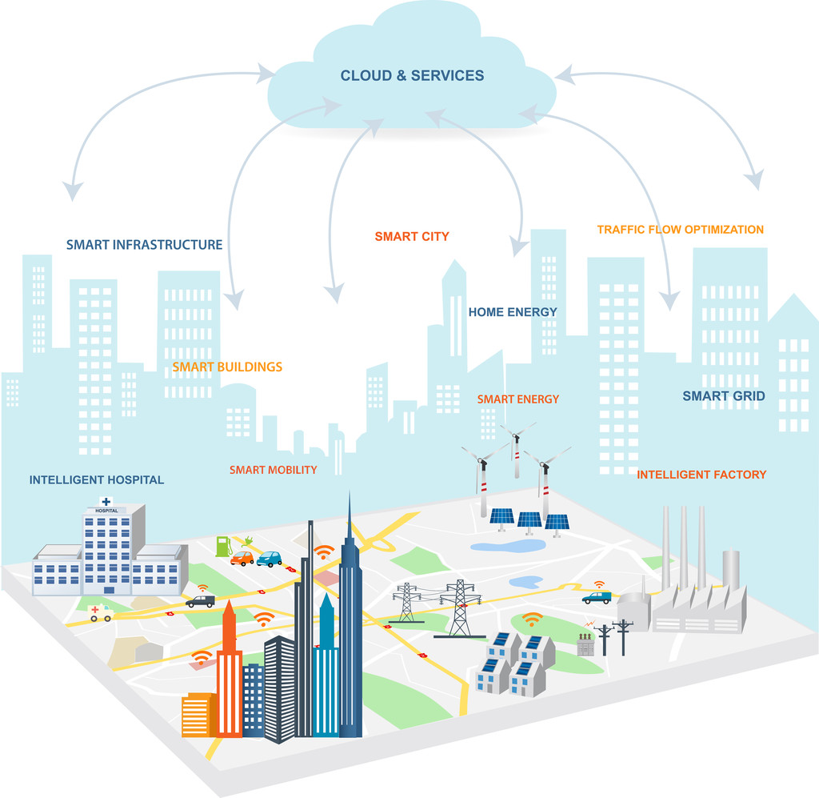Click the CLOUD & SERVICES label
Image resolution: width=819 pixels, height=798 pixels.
click(412, 76)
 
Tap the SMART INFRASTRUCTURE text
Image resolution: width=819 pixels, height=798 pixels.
click(144, 244)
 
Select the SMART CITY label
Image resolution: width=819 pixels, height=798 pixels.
click(412, 236)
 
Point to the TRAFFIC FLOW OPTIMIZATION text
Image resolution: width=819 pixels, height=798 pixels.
click(680, 230)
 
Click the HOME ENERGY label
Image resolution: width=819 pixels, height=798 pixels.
click(513, 312)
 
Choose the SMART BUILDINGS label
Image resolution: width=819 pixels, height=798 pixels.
click(227, 367)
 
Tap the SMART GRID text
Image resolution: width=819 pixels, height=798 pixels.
click(723, 395)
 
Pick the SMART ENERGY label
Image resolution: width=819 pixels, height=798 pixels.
click(518, 399)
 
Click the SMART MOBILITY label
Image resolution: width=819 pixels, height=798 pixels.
click(273, 470)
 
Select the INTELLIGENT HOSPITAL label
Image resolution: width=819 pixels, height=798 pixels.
click(96, 480)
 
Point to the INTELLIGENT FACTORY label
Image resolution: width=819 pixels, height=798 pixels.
click(701, 475)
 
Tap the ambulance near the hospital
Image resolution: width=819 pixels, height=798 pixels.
click(101, 613)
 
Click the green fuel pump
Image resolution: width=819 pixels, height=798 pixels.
click(223, 547)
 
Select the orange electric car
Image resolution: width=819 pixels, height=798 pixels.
click(242, 559)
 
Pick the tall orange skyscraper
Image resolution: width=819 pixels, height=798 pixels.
click(229, 672)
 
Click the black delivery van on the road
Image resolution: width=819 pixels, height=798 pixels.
click(200, 600)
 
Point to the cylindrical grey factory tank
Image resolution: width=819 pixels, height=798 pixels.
click(731, 569)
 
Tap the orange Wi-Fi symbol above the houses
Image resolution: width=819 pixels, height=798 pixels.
click(532, 620)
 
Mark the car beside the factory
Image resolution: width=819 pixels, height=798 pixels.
click(597, 597)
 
